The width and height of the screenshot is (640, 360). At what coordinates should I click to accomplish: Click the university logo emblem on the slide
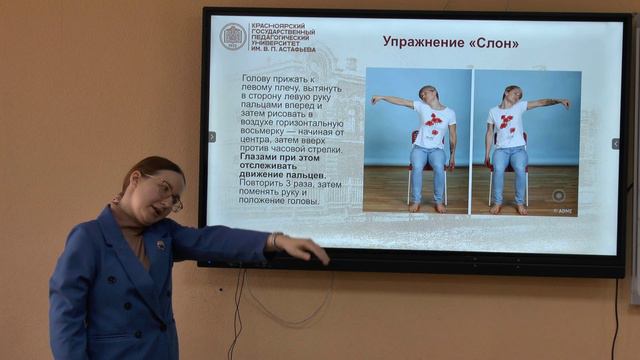233,37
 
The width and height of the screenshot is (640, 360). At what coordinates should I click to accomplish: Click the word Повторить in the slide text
266,184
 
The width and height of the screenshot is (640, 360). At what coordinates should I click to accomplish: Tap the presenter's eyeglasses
166,191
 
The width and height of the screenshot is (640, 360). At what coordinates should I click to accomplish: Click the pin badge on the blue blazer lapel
159,243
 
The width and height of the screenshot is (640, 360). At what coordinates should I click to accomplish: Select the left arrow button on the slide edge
211,137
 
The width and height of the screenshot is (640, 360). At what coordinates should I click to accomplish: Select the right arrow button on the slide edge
615,144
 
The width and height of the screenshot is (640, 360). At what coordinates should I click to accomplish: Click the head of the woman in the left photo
429,93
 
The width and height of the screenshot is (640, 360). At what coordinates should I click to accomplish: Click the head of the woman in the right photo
512,94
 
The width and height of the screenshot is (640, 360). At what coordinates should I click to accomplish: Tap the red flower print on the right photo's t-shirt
506,123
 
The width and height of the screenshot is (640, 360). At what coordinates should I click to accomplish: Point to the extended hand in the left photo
374,99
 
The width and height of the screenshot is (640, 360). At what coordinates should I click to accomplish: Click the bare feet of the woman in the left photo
427,207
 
